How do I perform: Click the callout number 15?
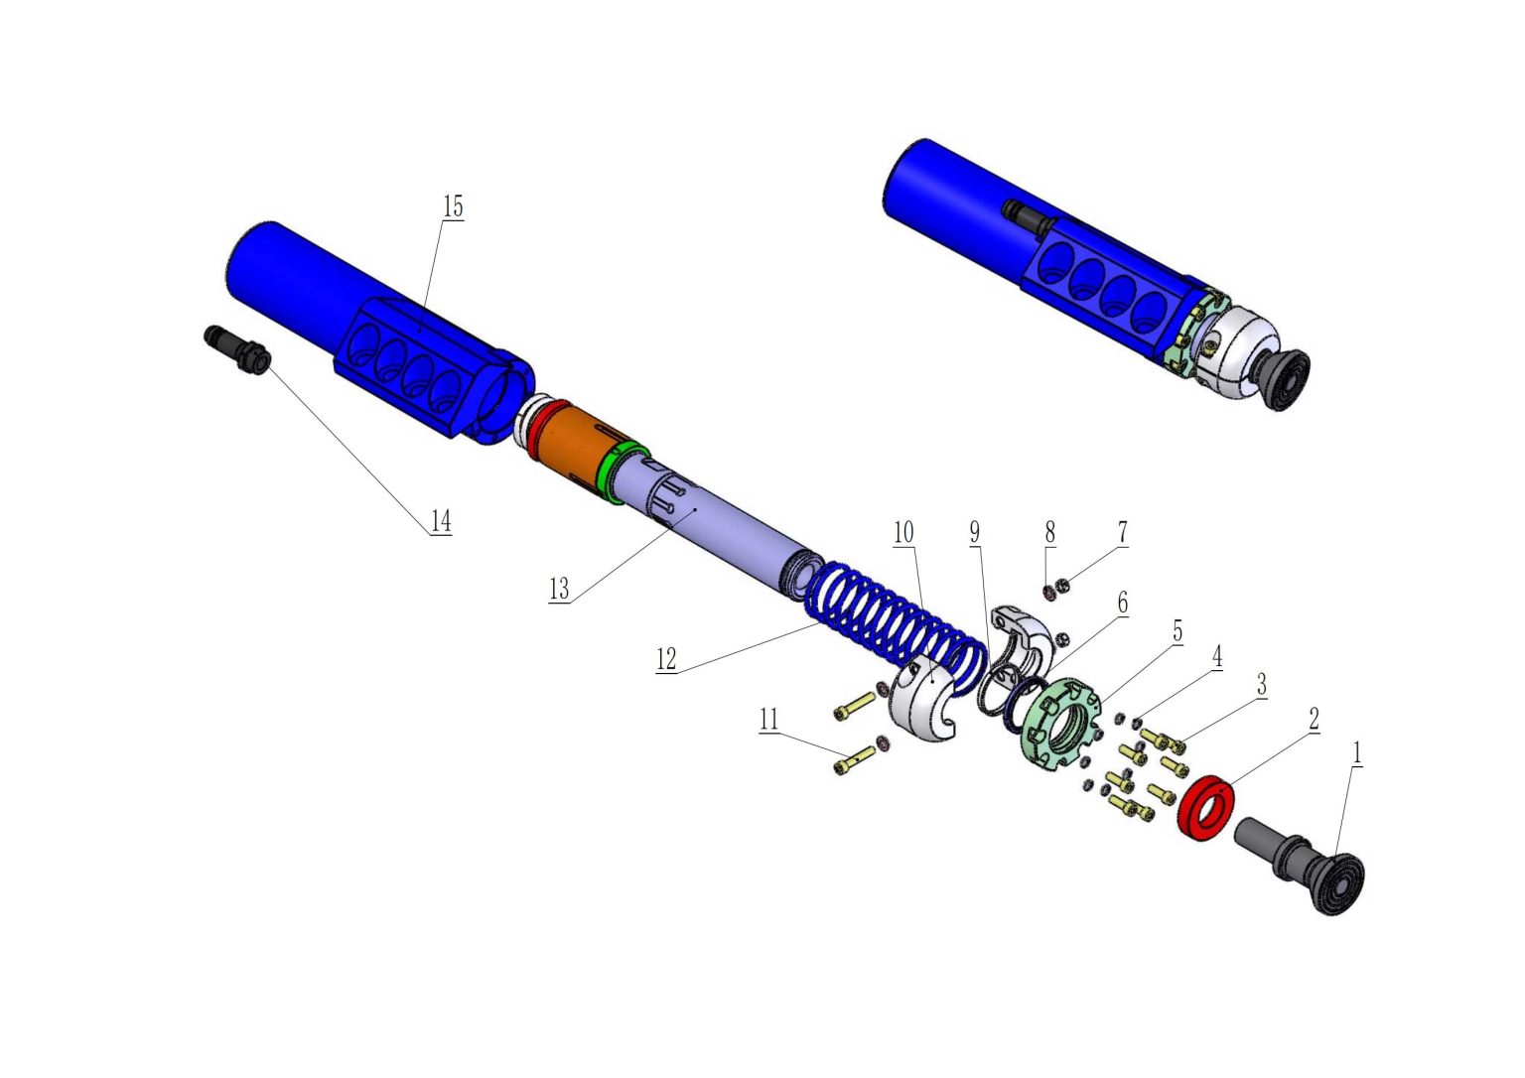[453, 207]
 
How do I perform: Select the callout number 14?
[441, 521]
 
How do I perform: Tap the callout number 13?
[559, 590]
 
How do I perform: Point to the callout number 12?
[666, 659]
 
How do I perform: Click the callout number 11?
[769, 720]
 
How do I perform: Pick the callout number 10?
[903, 533]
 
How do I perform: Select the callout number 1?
[1356, 753]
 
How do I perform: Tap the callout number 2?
[1314, 720]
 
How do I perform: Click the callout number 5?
[1178, 631]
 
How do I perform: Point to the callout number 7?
[1123, 533]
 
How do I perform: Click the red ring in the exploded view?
[1205, 807]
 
